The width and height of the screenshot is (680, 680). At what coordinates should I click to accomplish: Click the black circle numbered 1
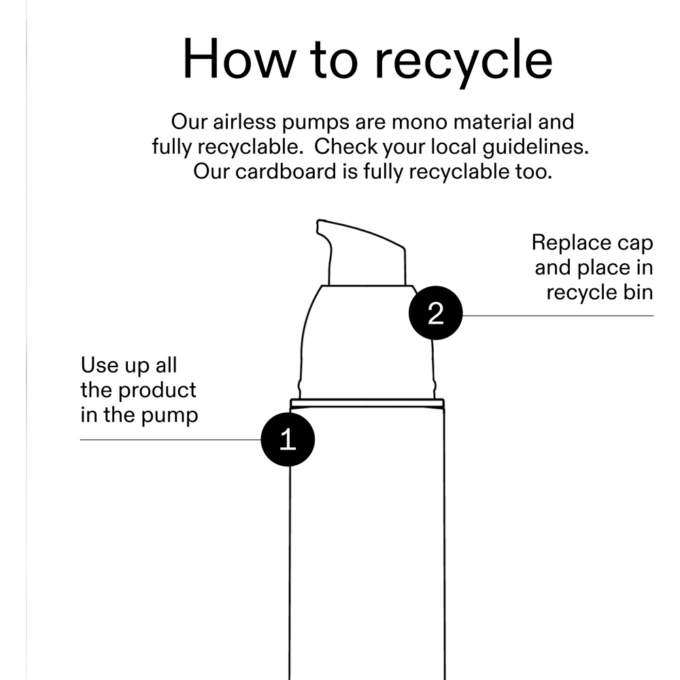(x=288, y=439)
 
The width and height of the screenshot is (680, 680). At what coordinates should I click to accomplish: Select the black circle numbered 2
(x=435, y=313)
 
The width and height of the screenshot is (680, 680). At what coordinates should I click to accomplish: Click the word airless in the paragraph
(x=244, y=122)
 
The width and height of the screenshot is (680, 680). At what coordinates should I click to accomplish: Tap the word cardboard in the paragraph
(x=286, y=171)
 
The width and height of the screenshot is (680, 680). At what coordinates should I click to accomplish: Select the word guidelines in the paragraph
(x=536, y=148)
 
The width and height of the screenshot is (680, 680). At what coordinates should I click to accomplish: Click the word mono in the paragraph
(x=420, y=122)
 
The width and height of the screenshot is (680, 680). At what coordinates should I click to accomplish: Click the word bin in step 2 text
(x=639, y=292)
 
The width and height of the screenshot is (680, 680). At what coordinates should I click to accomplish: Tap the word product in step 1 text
(x=157, y=391)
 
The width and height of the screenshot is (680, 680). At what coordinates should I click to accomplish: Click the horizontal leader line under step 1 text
(x=171, y=440)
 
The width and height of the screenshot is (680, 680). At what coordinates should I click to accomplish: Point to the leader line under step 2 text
(x=558, y=316)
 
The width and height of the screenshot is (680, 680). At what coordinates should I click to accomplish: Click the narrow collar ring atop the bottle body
(x=367, y=403)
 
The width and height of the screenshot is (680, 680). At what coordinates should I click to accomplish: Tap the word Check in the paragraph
(x=345, y=147)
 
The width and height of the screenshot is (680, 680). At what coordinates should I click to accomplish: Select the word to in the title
(x=335, y=61)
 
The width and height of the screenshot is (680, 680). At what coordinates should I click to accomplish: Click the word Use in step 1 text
(x=100, y=365)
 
